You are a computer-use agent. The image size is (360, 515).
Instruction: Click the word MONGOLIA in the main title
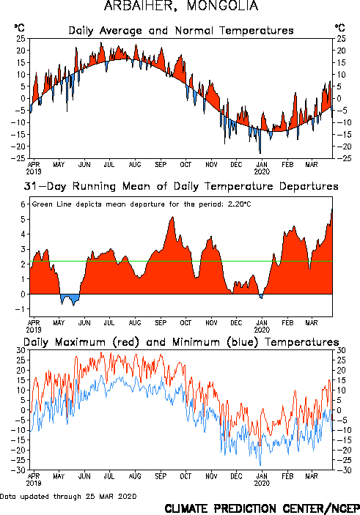click(x=222, y=6)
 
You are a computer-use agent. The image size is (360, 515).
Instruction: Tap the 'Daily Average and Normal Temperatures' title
click(x=181, y=31)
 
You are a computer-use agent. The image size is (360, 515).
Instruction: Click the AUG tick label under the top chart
click(x=135, y=165)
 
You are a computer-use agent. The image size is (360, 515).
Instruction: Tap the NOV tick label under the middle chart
click(x=211, y=323)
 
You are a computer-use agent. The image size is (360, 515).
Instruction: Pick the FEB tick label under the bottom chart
click(x=287, y=476)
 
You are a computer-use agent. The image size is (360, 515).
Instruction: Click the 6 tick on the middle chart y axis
click(x=23, y=204)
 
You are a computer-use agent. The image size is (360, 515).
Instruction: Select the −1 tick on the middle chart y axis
click(x=21, y=309)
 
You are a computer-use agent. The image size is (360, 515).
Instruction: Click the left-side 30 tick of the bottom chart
click(x=21, y=350)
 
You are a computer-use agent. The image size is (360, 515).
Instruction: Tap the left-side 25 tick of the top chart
click(x=21, y=38)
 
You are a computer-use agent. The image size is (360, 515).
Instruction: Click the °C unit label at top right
click(x=340, y=28)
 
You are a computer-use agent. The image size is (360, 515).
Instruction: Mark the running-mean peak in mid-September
click(x=172, y=217)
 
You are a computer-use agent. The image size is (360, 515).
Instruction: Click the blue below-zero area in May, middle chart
click(x=70, y=299)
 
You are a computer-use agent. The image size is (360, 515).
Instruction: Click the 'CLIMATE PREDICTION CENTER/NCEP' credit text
click(x=262, y=508)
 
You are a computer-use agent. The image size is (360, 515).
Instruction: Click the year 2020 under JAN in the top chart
click(x=262, y=171)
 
